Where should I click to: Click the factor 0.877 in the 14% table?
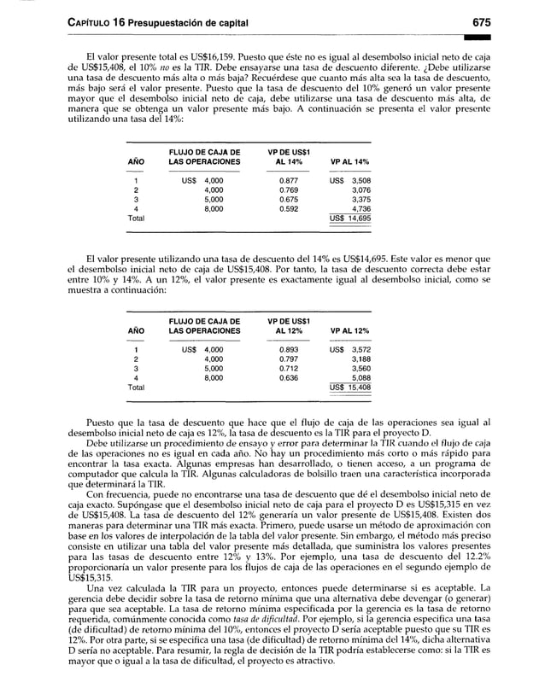(288, 180)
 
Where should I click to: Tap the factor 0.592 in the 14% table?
(288, 208)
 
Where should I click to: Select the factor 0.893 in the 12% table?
(288, 349)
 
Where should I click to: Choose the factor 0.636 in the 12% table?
(288, 377)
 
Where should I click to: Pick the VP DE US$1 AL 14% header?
(288, 156)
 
